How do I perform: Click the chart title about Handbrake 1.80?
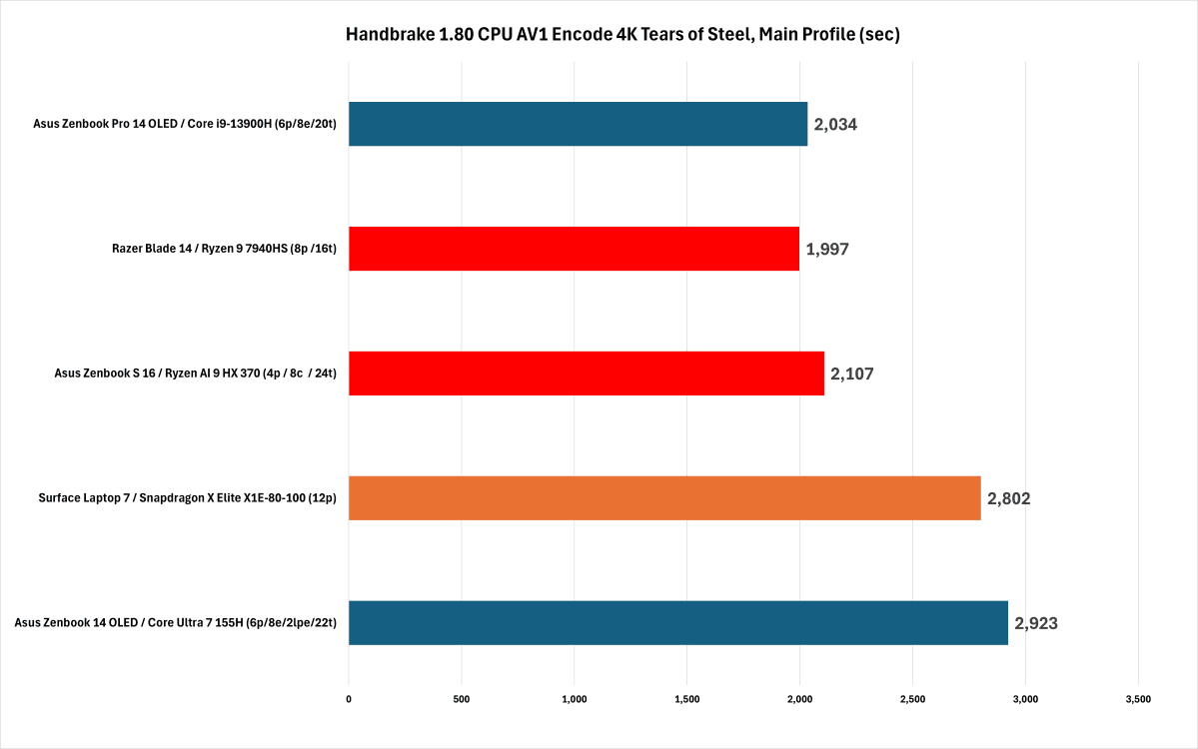pos(622,34)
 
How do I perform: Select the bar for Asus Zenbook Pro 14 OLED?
pos(578,124)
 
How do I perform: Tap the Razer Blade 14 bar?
pos(574,248)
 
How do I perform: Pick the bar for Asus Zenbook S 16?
pos(587,374)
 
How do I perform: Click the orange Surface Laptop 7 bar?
pos(664,497)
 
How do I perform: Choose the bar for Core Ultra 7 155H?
pos(678,622)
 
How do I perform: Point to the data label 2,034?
pos(835,125)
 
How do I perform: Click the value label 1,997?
pos(827,249)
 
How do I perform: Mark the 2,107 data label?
pos(852,374)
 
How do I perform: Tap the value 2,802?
pos(1008,498)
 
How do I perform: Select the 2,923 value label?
pos(1036,623)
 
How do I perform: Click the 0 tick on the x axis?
pos(349,699)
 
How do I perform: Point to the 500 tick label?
pos(462,699)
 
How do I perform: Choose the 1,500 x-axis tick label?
pos(686,699)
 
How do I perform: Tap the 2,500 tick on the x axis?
pos(912,699)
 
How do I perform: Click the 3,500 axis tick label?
pos(1138,699)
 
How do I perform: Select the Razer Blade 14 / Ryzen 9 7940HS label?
pos(224,248)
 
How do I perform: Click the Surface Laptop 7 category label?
pos(187,497)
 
